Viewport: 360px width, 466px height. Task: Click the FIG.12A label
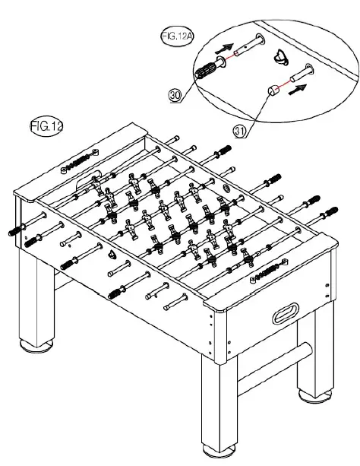(x=177, y=36)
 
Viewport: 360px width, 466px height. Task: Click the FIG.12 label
(x=46, y=126)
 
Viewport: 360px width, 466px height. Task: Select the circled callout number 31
(x=240, y=131)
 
